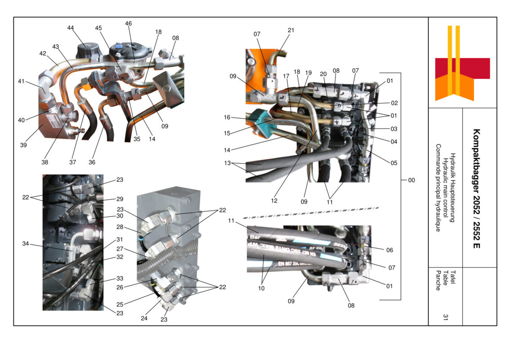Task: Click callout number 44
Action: coord(71,28)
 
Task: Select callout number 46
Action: coord(129,23)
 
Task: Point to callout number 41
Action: coord(21,81)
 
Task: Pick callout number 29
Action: coord(120,199)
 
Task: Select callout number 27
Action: coord(120,248)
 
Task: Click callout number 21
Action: coord(291,31)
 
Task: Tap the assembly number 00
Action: coord(411,180)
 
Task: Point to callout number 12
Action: coord(274,201)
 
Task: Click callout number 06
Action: coord(389,250)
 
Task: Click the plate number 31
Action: coord(445,317)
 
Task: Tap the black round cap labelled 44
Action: coord(85,50)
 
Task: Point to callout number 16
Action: coord(227,117)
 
